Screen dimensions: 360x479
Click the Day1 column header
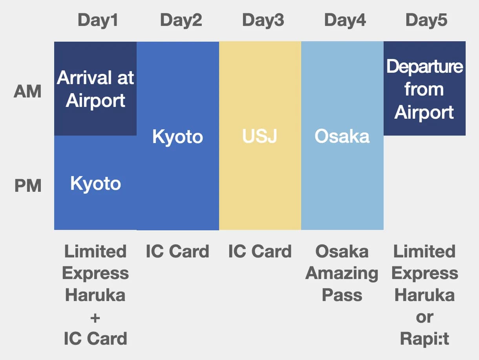(x=98, y=20)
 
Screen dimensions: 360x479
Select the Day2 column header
(x=181, y=20)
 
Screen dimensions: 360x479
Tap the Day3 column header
(x=263, y=20)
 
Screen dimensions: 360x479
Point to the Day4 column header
(x=345, y=20)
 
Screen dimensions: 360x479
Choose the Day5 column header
(x=426, y=20)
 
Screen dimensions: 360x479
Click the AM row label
(x=27, y=92)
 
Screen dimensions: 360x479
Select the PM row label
(x=28, y=186)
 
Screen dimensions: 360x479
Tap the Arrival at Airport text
(x=95, y=89)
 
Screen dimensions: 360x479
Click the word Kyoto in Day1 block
(x=95, y=184)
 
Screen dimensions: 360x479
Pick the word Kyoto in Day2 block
(x=177, y=137)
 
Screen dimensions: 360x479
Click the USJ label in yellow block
(x=260, y=136)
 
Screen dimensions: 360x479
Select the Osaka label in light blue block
(x=342, y=136)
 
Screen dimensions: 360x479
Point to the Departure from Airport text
(x=424, y=89)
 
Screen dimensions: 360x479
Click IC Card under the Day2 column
(x=177, y=252)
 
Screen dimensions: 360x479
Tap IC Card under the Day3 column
(x=260, y=252)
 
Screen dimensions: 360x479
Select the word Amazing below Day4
(x=342, y=273)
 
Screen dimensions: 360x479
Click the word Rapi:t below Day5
(x=424, y=338)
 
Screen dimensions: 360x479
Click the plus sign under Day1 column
(x=95, y=317)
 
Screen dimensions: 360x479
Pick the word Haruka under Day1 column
(x=95, y=295)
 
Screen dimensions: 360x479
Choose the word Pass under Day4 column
(x=342, y=295)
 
